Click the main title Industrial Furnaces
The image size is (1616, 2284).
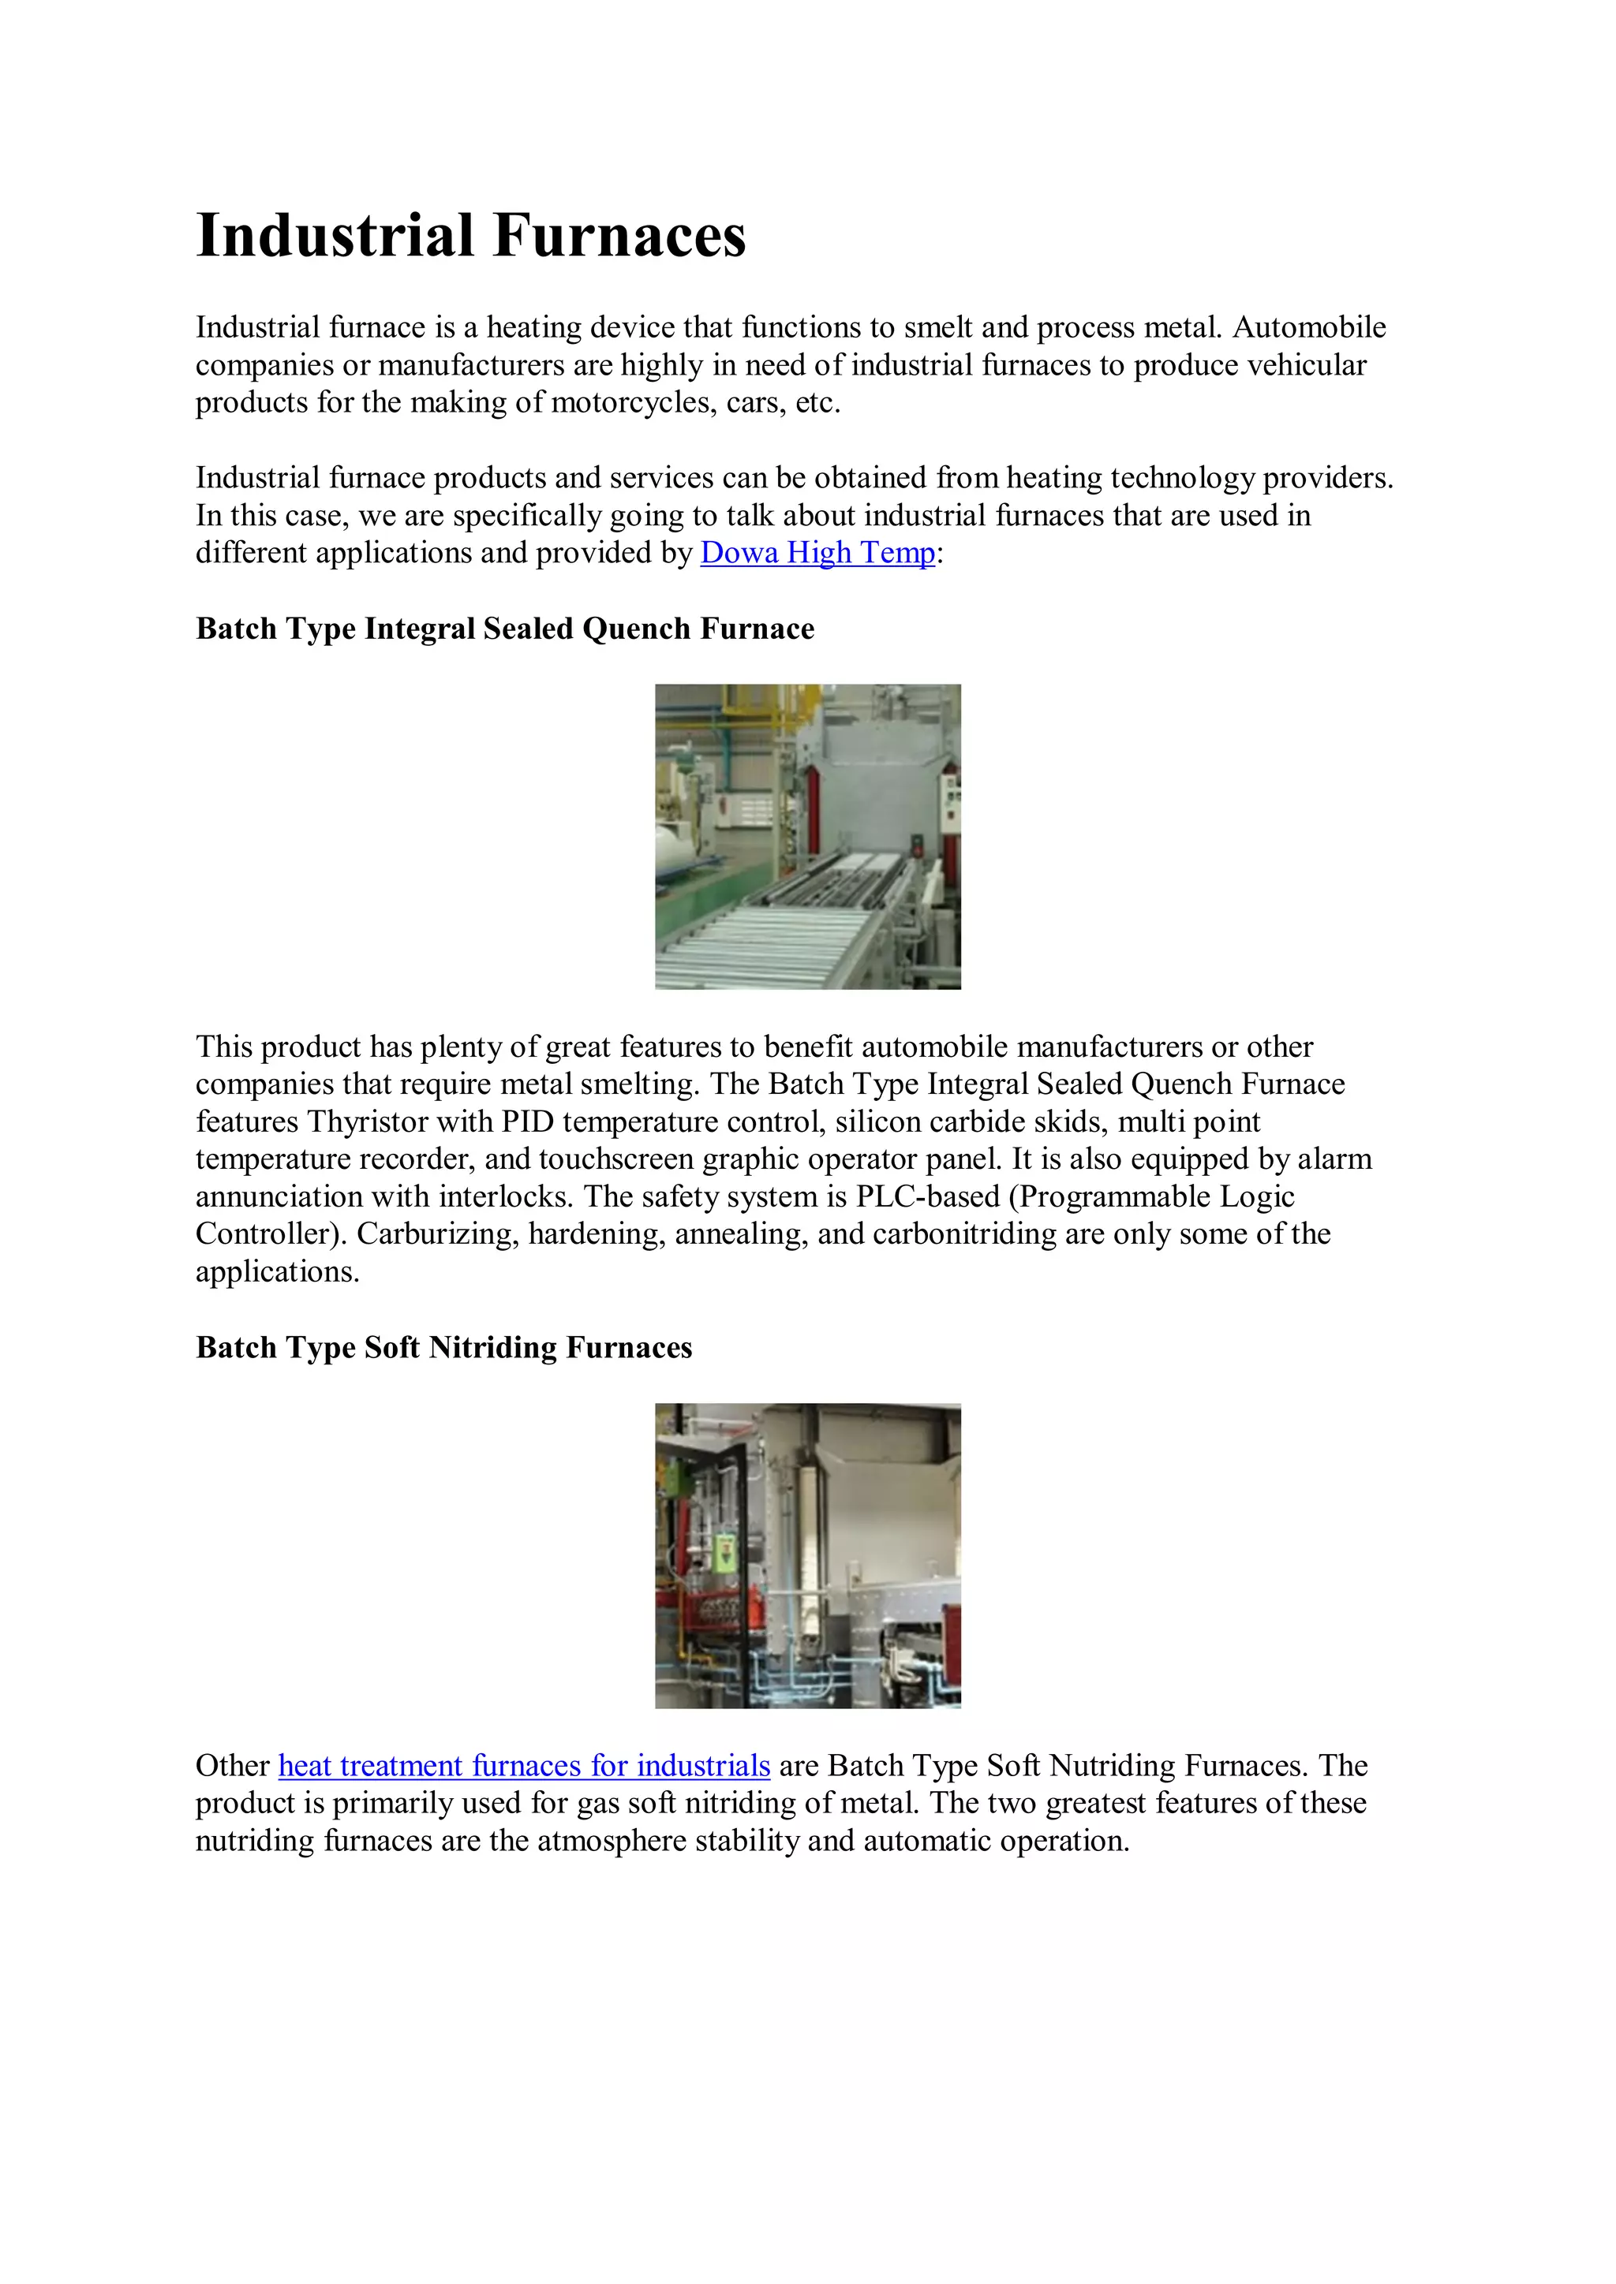pos(470,236)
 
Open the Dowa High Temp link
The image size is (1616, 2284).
pos(817,553)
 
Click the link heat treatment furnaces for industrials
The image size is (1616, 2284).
pos(523,1766)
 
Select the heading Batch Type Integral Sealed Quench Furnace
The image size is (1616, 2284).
pos(504,629)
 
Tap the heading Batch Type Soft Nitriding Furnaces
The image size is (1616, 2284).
pos(443,1347)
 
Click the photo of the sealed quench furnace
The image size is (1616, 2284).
pos(807,836)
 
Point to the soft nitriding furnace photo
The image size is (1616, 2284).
pos(807,1556)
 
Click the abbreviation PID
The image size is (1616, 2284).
pos(526,1122)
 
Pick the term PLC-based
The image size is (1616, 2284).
pos(927,1196)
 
